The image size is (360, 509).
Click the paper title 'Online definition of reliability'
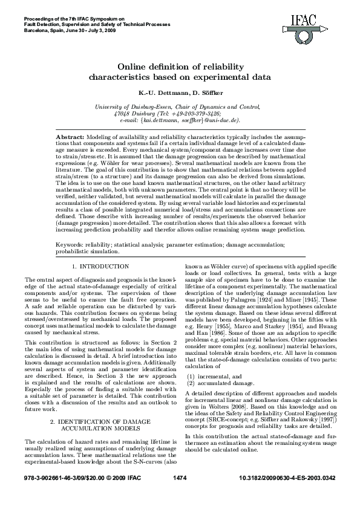click(180, 68)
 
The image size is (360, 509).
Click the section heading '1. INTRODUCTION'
click(100, 266)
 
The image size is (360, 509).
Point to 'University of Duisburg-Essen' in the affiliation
click(126, 106)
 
